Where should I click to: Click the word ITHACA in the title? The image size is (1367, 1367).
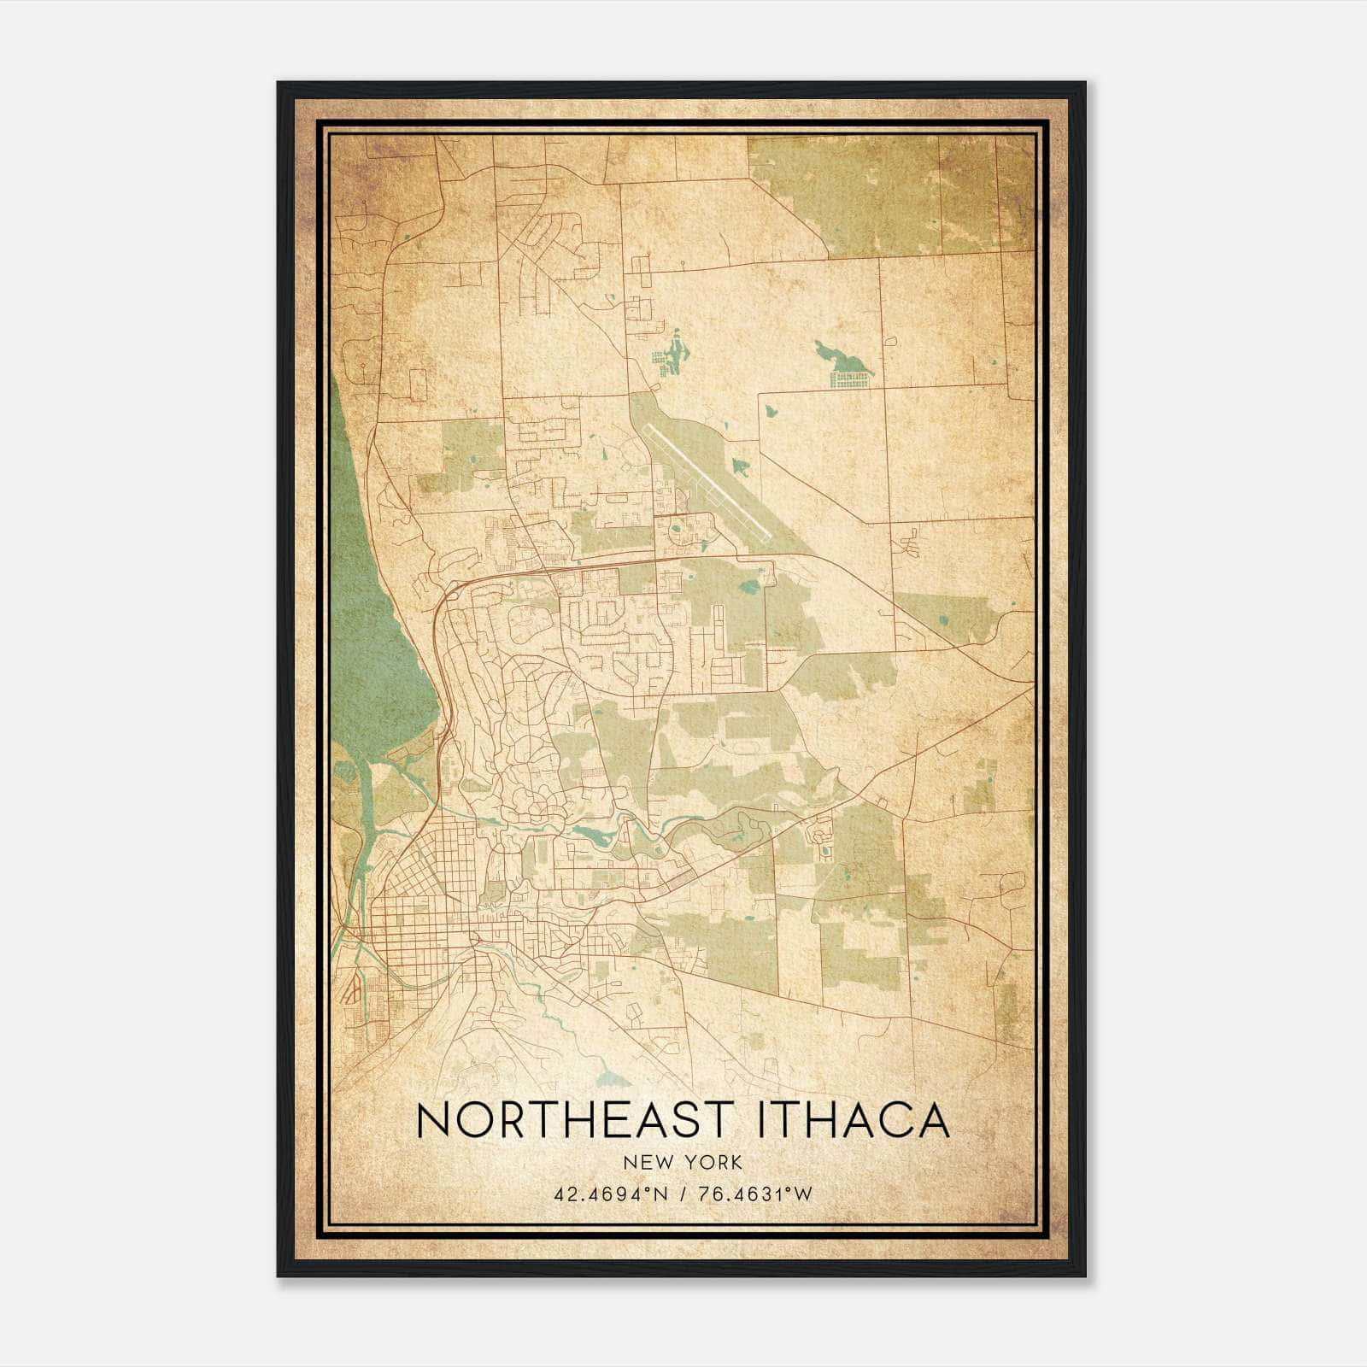853,1120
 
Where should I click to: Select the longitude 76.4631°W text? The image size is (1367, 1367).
754,1194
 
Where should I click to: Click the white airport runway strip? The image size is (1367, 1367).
709,484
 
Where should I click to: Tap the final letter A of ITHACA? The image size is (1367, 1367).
933,1120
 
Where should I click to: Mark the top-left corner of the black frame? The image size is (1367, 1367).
279,84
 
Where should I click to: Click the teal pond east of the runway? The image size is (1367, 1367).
741,466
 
